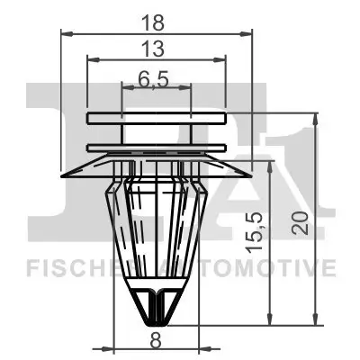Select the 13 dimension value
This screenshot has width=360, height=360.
(x=156, y=48)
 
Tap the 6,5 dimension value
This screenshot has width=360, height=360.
(x=156, y=79)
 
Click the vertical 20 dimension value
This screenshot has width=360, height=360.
(x=301, y=220)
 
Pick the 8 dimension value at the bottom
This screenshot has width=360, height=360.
(x=156, y=339)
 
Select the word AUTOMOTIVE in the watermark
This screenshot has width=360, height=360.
(x=261, y=267)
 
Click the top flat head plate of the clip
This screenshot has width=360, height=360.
(x=156, y=118)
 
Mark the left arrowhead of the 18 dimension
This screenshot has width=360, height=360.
(x=66, y=33)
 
